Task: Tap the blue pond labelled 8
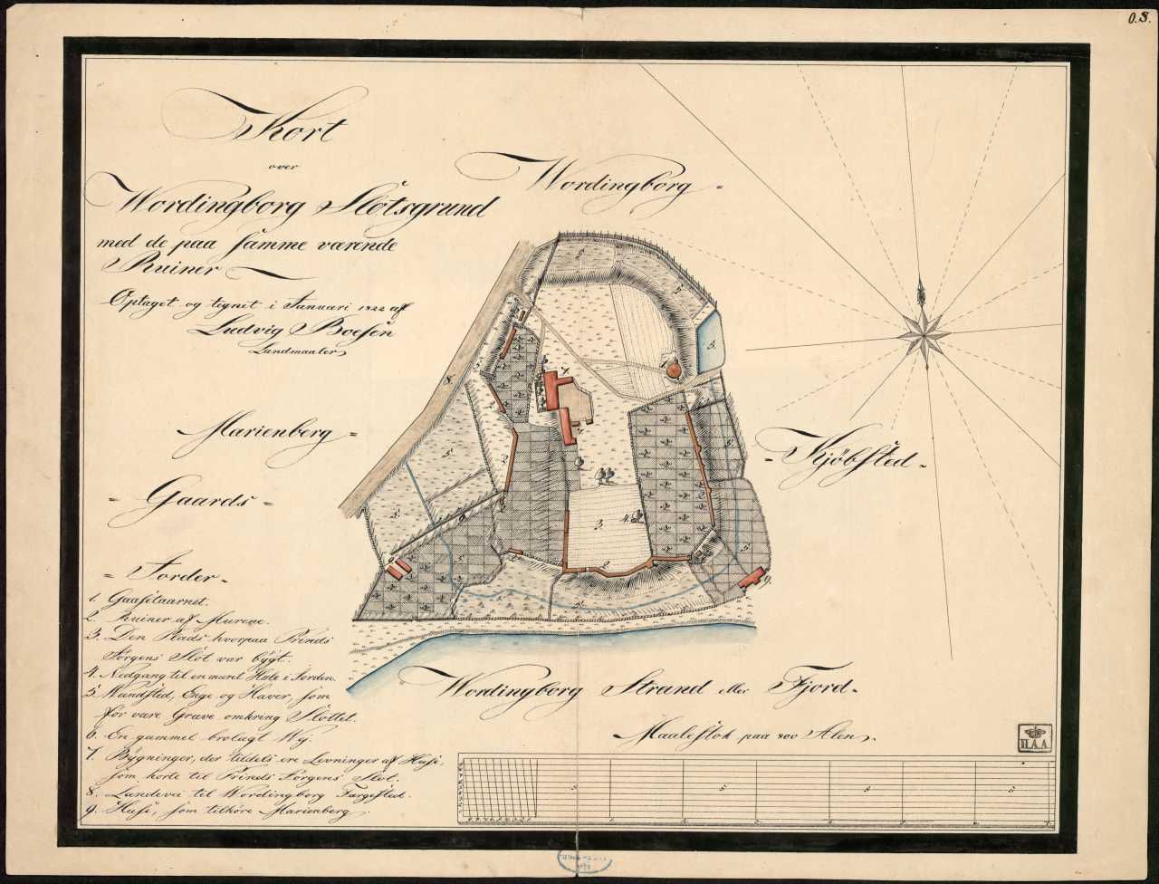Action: tap(709, 341)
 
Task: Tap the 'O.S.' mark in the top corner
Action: tap(1137, 15)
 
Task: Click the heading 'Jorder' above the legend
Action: tap(172, 574)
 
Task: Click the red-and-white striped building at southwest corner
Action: tap(399, 568)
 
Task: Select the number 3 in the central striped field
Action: tap(599, 523)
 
